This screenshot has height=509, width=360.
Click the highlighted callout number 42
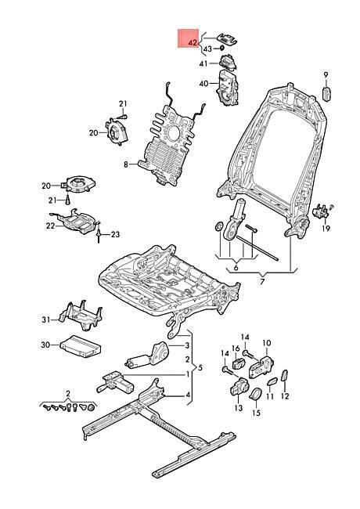coord(193,43)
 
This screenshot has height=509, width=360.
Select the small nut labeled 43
coord(221,48)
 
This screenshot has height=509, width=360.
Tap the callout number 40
coord(203,84)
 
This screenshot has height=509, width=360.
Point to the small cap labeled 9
coord(326,94)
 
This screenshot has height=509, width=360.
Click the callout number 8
coord(126,164)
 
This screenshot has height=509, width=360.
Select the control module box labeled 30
coord(80,347)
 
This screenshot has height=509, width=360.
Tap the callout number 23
coord(115,234)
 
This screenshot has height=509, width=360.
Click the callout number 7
coord(262,281)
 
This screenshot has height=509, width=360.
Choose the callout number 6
coord(236,268)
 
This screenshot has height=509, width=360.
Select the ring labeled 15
coord(256,394)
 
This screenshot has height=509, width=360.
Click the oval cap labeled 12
coord(284,376)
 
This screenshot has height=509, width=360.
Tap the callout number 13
coord(239,408)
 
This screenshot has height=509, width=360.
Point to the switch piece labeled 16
coord(239,363)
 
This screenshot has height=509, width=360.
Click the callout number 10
coord(266,343)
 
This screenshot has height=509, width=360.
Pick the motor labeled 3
coord(148,356)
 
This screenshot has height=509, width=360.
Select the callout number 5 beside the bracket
coord(200,368)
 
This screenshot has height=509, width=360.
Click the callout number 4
coord(188,395)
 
